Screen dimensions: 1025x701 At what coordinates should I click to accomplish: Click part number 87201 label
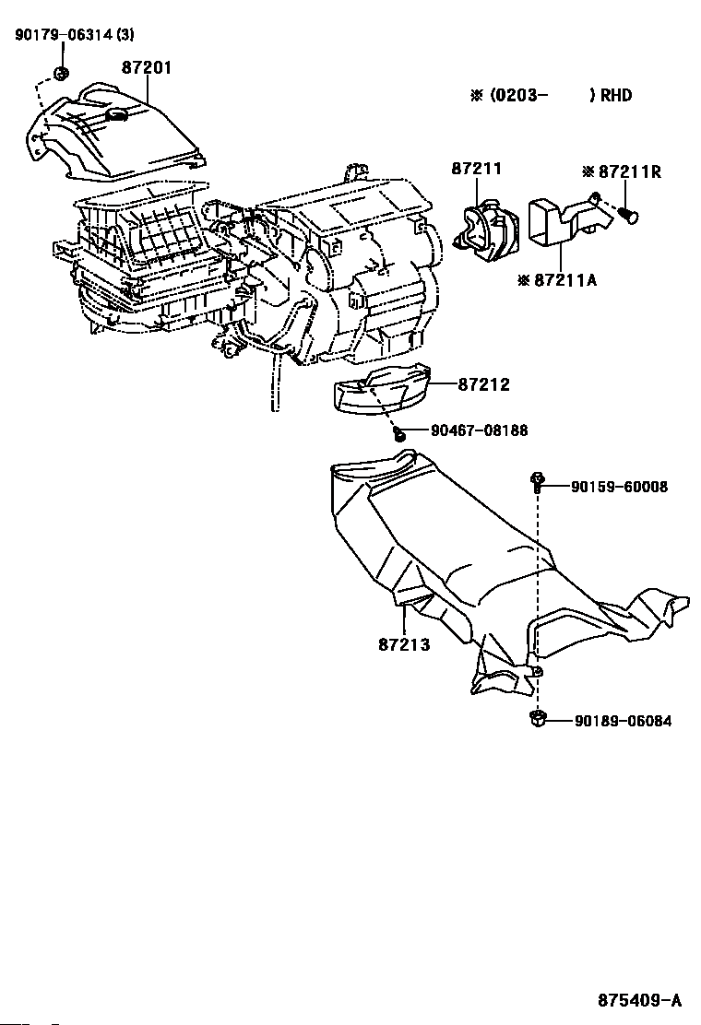click(147, 68)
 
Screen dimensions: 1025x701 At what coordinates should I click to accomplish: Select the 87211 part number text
click(477, 169)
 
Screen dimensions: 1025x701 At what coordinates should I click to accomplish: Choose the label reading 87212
click(483, 384)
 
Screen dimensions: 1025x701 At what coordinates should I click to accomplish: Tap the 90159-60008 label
click(618, 487)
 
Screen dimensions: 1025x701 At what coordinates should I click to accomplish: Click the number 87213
click(403, 644)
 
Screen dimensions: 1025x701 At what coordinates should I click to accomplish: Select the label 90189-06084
click(622, 721)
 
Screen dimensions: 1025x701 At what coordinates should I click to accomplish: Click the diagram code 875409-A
click(638, 1000)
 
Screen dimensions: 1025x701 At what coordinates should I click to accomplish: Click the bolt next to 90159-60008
click(537, 480)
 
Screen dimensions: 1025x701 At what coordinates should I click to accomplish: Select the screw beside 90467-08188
click(398, 432)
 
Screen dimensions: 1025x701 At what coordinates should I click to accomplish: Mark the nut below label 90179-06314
click(61, 73)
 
